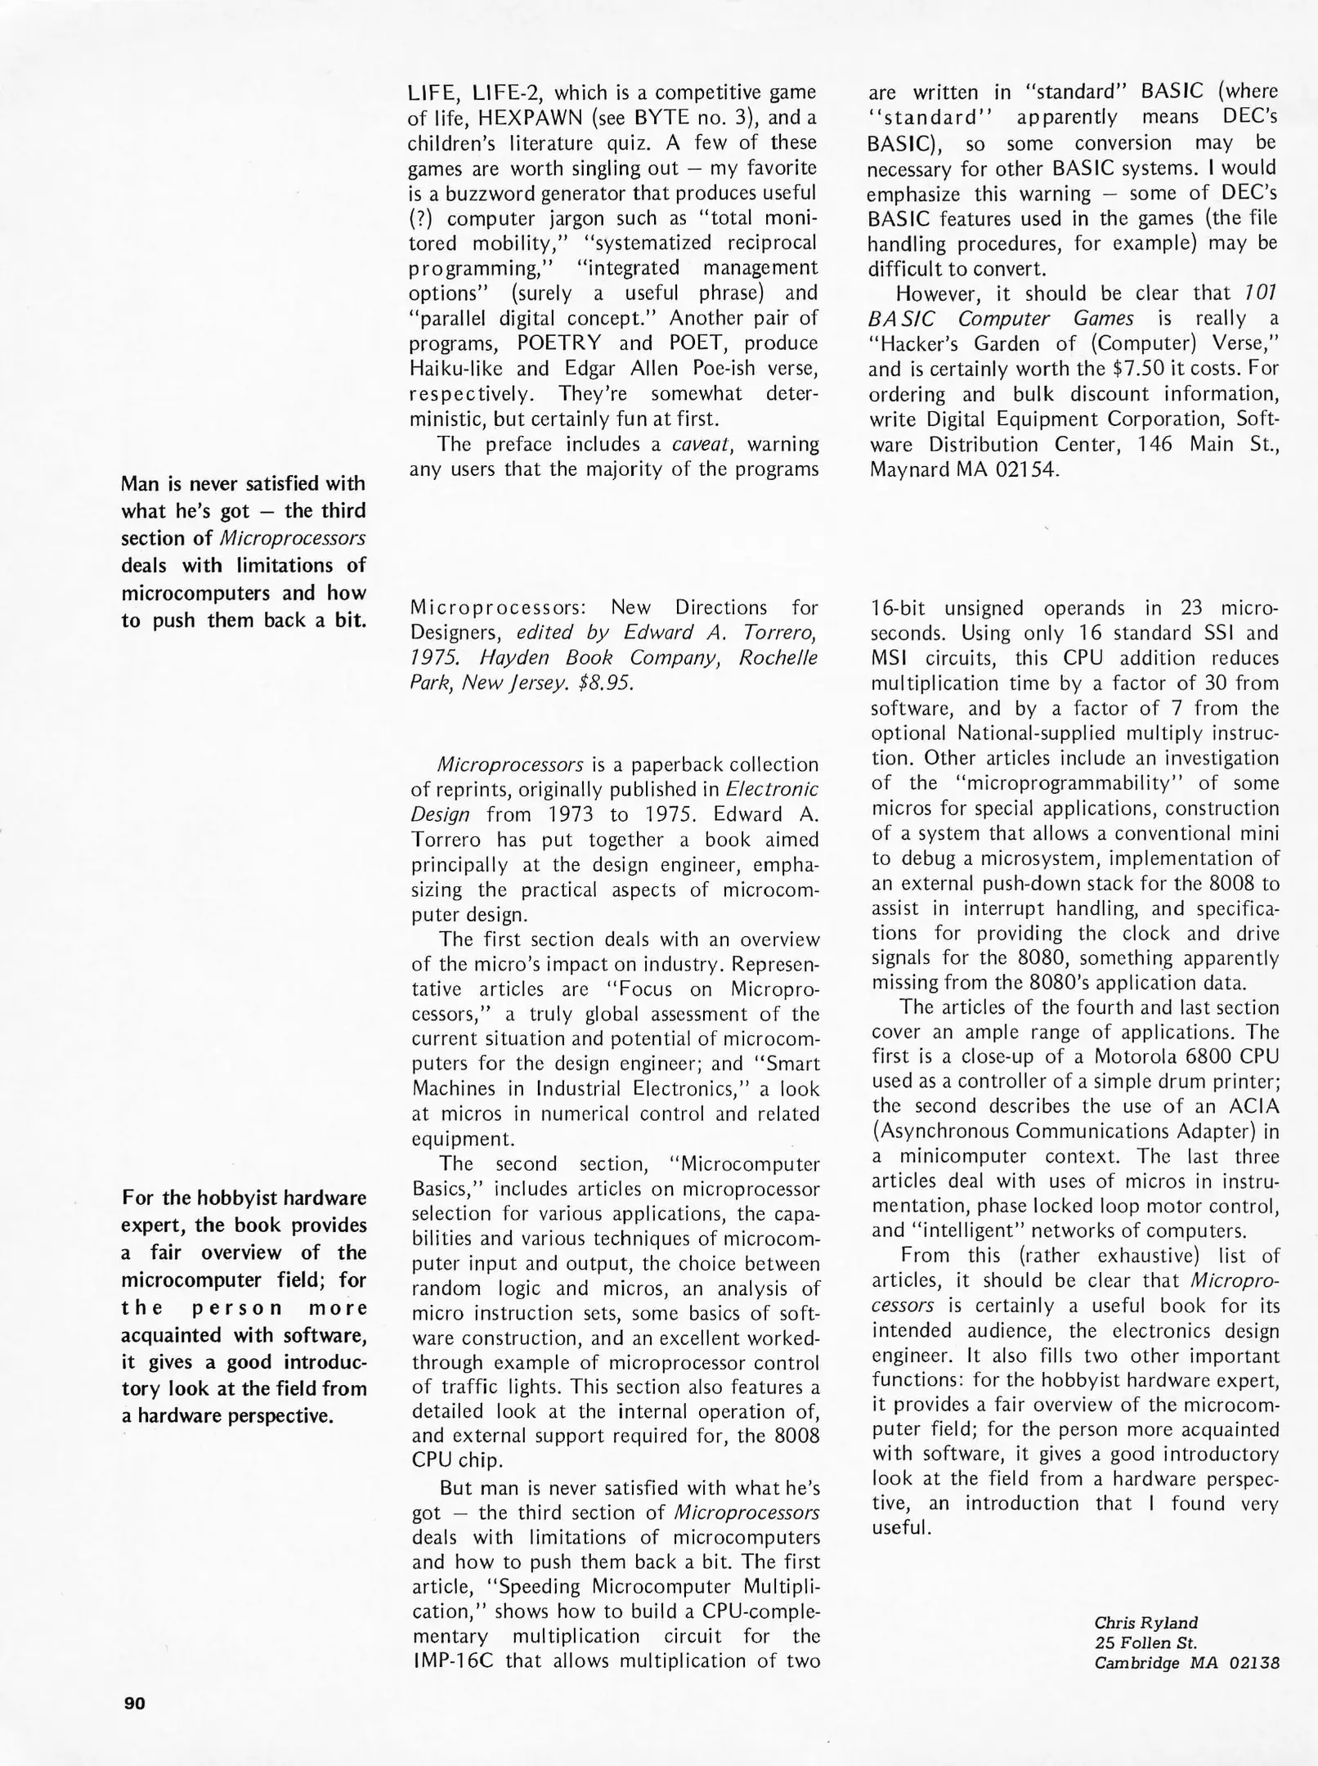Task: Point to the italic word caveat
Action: [x=706, y=444]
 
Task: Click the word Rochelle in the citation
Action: [x=778, y=658]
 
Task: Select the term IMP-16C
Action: [x=458, y=1661]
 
